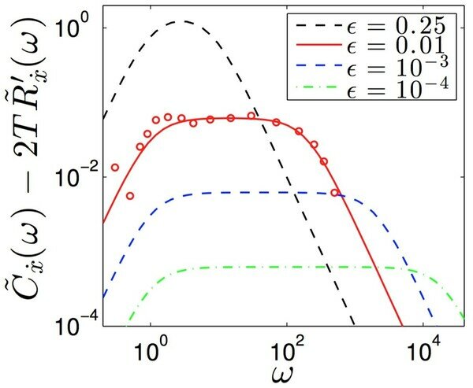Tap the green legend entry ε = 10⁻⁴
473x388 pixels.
(x=372, y=87)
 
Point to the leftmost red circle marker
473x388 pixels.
(x=114, y=168)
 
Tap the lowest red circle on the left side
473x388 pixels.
(x=130, y=196)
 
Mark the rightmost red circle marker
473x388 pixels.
(x=334, y=193)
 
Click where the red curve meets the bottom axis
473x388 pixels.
(x=403, y=326)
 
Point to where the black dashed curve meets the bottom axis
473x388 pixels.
(x=355, y=326)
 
